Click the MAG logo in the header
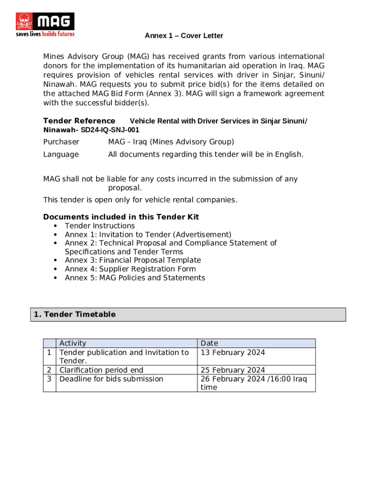[45, 24]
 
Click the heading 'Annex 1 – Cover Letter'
[184, 36]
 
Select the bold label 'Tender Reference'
[79, 121]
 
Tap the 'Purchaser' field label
[61, 142]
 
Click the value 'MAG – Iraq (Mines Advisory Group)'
[171, 142]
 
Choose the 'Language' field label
[61, 154]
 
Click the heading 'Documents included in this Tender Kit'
[121, 217]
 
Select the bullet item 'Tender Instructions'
[100, 225]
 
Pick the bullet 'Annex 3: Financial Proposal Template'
[133, 260]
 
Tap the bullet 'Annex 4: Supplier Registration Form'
[130, 268]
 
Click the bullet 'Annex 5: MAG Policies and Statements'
[135, 278]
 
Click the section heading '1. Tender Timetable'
[75, 314]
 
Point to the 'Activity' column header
[73, 343]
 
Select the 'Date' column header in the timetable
[209, 343]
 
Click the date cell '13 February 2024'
[232, 353]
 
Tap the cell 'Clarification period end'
[101, 370]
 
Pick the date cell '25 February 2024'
[232, 370]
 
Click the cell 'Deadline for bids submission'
[111, 379]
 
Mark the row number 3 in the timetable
[49, 379]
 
